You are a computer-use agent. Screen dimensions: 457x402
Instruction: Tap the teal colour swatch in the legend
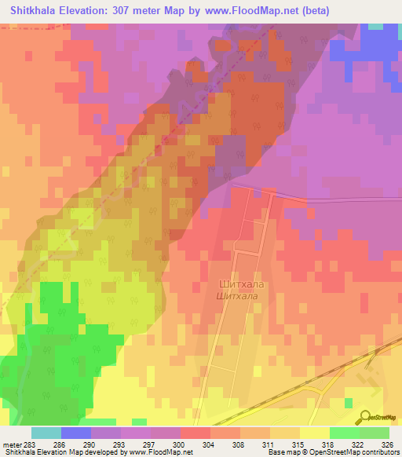tap(46, 433)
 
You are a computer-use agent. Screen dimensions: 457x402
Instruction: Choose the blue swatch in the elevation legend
tap(76, 433)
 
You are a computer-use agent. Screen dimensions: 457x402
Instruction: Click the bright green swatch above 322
tap(344, 433)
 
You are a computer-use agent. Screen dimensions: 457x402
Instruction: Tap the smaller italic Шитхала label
tap(237, 295)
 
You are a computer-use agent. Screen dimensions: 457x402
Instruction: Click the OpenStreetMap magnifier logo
tap(365, 418)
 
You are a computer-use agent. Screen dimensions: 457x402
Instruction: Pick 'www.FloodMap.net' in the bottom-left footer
tap(156, 453)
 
